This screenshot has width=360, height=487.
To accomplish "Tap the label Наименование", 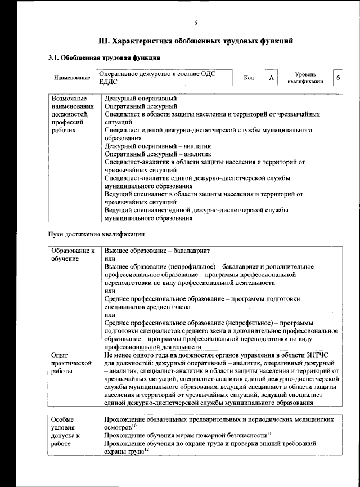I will click(x=72, y=78).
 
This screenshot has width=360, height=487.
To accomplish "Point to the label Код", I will click(x=249, y=78).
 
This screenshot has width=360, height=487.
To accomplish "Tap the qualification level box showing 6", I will click(x=337, y=78).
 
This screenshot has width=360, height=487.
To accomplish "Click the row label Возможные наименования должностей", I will click(x=71, y=114).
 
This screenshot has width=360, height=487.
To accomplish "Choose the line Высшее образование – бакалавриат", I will click(x=156, y=249).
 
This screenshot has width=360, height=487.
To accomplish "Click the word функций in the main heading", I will click(x=274, y=41).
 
